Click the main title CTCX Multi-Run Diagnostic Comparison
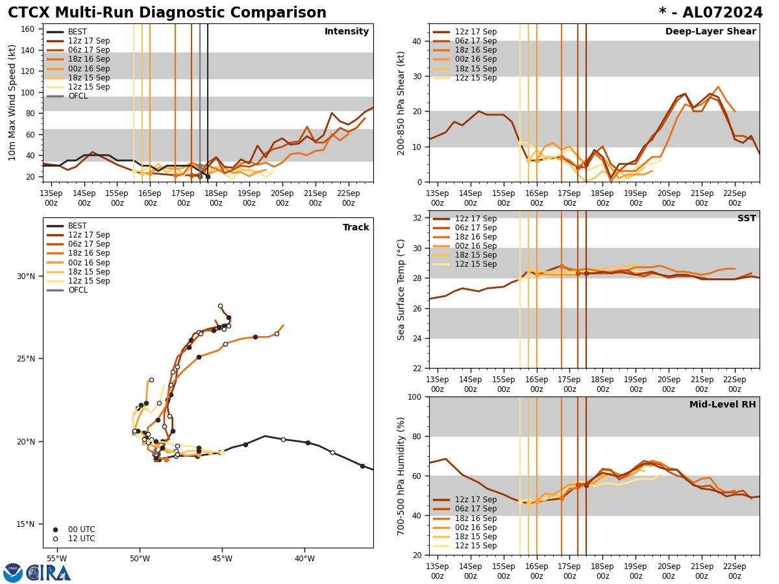167,13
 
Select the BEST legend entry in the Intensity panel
77,32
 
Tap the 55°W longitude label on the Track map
56,559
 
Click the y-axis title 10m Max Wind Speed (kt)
13,103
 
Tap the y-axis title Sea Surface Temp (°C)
401,289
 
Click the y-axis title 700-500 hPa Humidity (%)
401,476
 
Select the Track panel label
356,228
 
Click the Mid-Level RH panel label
723,405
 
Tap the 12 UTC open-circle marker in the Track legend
55,539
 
